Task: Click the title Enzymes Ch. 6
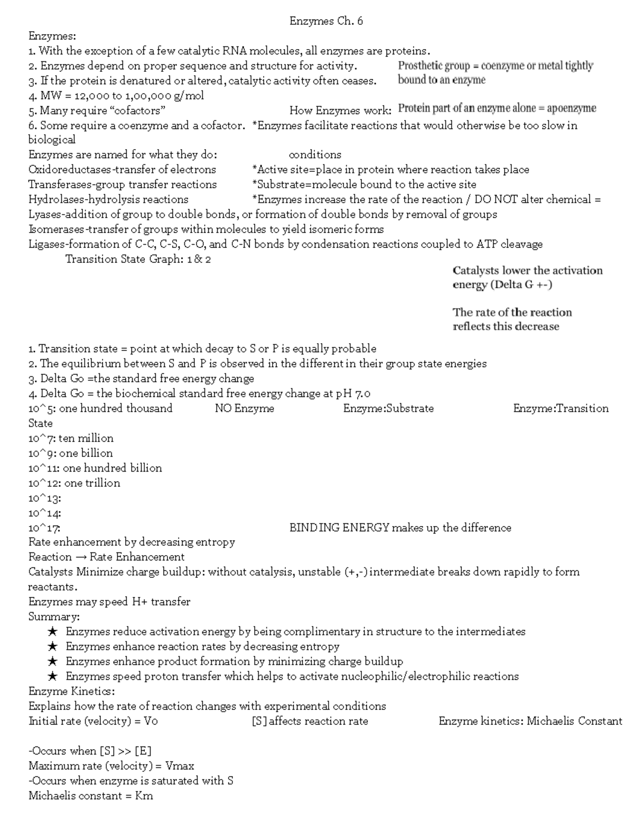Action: pyautogui.click(x=326, y=21)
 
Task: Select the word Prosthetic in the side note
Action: pyautogui.click(x=420, y=66)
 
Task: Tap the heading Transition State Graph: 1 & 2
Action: pyautogui.click(x=138, y=259)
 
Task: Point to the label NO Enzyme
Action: pyautogui.click(x=244, y=408)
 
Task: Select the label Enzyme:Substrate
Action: pyautogui.click(x=388, y=408)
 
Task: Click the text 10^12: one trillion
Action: pyautogui.click(x=74, y=483)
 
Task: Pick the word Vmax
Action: pyautogui.click(x=180, y=765)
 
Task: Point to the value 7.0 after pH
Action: pyautogui.click(x=362, y=393)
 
